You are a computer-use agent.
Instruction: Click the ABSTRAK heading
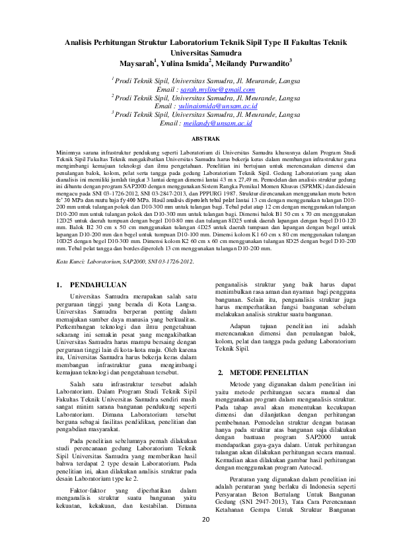click(x=205, y=139)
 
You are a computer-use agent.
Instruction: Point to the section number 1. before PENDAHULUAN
click(x=58, y=285)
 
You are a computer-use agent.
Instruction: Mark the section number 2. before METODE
click(x=222, y=373)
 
